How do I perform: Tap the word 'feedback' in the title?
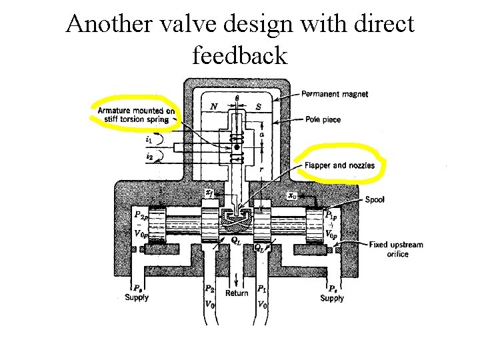pyautogui.click(x=240, y=55)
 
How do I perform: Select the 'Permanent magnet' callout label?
pyautogui.click(x=335, y=94)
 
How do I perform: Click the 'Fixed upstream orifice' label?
pyautogui.click(x=396, y=249)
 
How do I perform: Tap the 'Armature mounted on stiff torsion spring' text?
pyautogui.click(x=137, y=115)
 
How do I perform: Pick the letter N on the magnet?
pyautogui.click(x=214, y=106)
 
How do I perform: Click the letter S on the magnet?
pyautogui.click(x=259, y=106)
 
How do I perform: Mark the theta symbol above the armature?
pyautogui.click(x=237, y=99)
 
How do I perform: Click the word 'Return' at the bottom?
pyautogui.click(x=237, y=293)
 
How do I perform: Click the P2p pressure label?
pyautogui.click(x=140, y=216)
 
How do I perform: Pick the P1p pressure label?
pyautogui.click(x=331, y=215)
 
